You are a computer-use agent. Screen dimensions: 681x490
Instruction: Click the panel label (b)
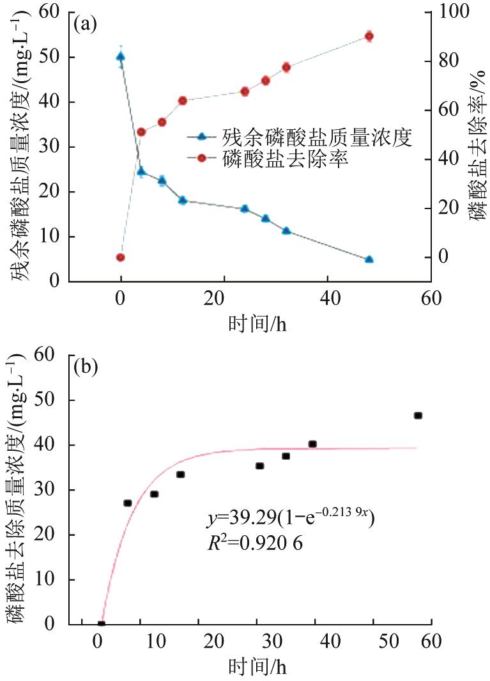point(86,367)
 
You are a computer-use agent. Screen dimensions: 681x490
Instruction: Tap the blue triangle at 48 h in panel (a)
point(369,259)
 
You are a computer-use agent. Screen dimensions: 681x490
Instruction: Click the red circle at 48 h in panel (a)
point(369,36)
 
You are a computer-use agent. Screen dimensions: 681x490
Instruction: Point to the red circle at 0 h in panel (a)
point(120,258)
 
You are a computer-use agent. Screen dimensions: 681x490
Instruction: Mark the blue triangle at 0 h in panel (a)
point(120,57)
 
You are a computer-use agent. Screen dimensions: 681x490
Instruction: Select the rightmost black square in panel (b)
point(418,416)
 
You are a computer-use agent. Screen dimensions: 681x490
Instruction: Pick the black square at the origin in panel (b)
point(101,624)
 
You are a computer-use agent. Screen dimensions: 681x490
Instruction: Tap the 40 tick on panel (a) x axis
point(327,299)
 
